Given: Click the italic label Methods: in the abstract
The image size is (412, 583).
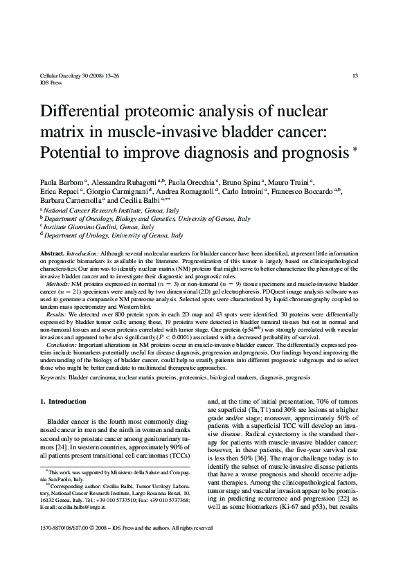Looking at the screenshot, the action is coord(60,284).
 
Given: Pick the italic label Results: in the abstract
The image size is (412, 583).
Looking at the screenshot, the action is coord(59,314).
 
